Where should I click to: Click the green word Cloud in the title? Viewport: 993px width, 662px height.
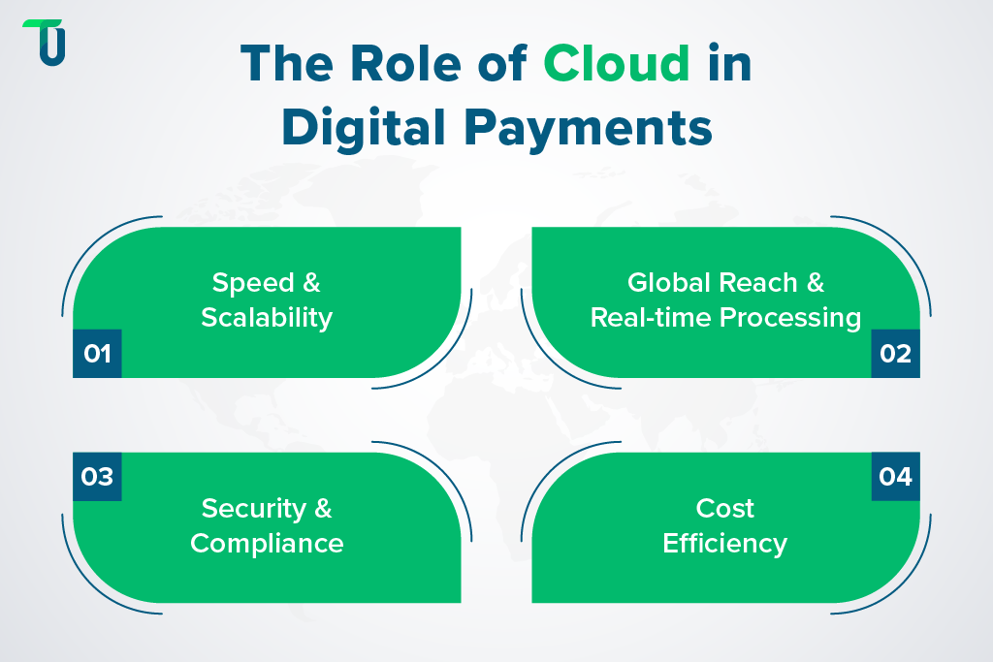tap(616, 64)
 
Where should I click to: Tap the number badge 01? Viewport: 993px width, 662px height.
tap(97, 354)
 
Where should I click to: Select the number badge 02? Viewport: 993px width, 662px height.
tap(895, 354)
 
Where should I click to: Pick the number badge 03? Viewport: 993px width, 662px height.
tap(97, 477)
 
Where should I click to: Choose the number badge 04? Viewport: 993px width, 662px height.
tap(895, 477)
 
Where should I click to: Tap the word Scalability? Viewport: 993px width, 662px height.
tap(267, 317)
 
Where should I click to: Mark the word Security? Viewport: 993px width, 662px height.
tap(251, 508)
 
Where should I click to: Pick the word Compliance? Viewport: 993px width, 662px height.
tap(267, 543)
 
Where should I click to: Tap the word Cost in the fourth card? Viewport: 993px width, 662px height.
tap(725, 508)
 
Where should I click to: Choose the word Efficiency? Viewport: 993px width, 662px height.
tap(725, 543)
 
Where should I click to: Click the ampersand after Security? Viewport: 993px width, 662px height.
tap(322, 508)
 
